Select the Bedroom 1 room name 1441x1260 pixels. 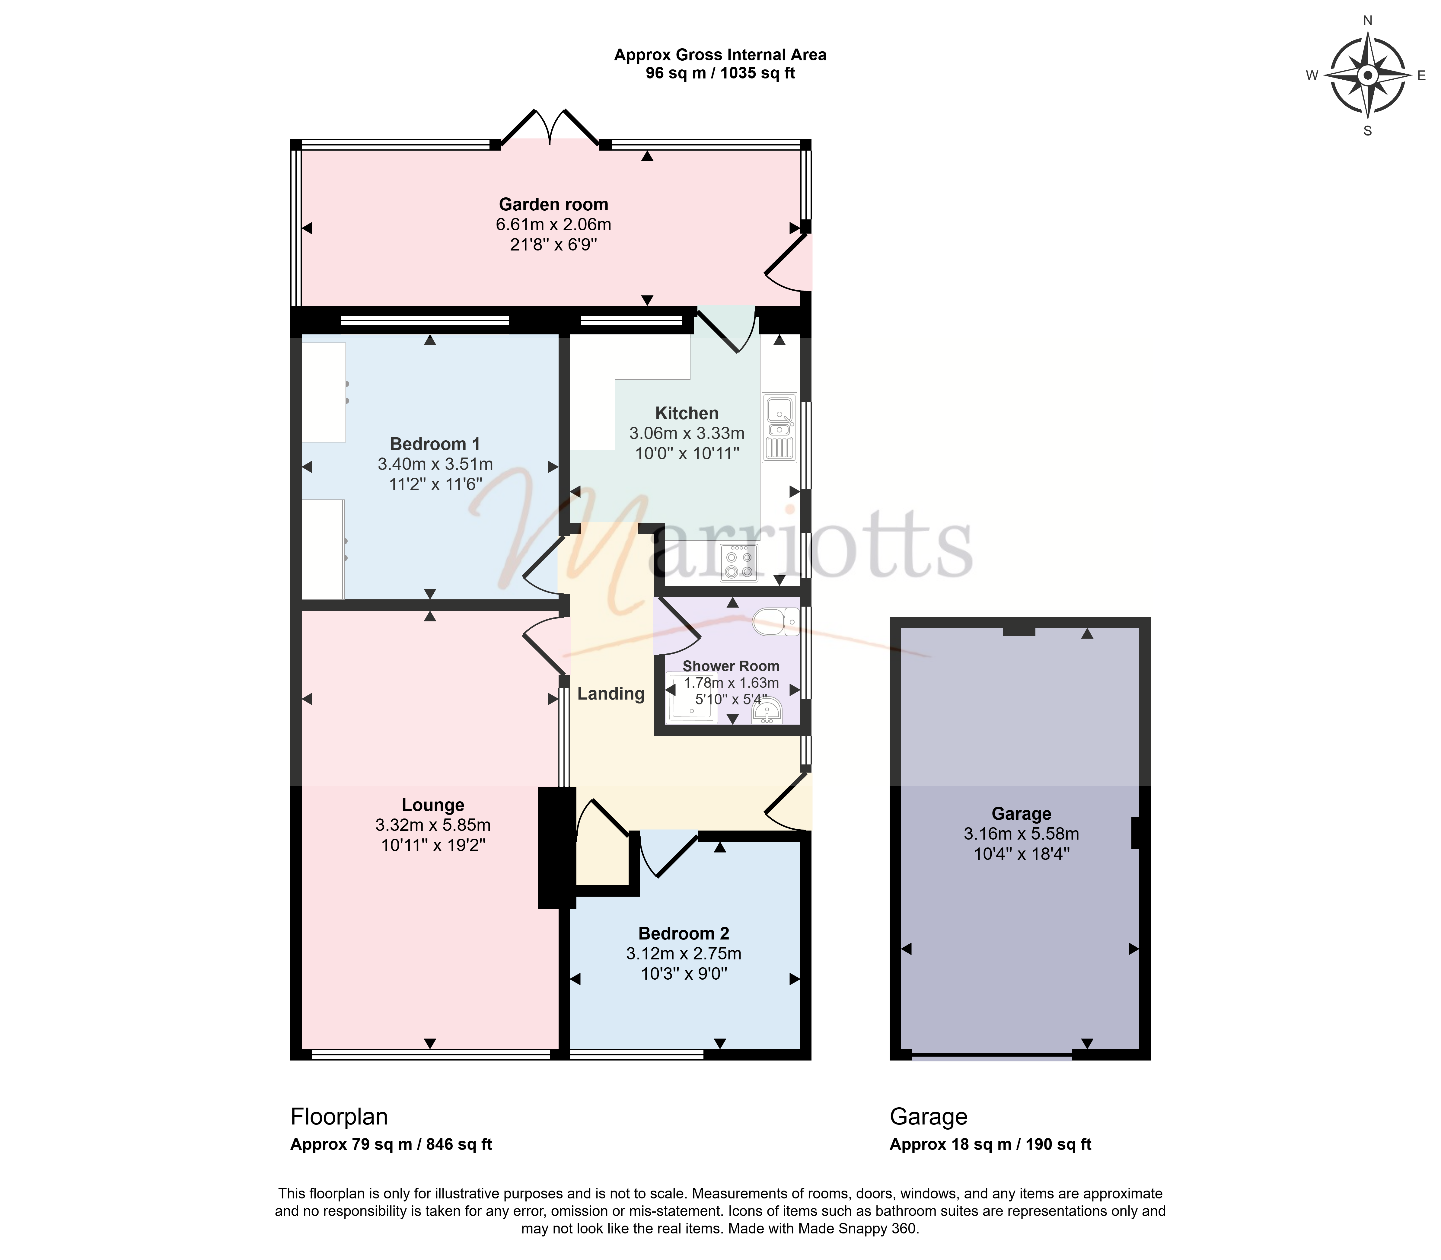point(435,444)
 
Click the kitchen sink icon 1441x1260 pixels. point(779,428)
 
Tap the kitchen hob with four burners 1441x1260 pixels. point(739,563)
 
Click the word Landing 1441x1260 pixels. point(611,694)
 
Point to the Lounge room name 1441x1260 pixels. point(433,805)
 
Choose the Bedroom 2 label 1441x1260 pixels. point(684,934)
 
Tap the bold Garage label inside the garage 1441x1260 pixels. point(1021,814)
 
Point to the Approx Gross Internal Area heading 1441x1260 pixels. point(721,55)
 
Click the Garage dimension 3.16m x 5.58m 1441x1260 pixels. point(1021,834)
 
